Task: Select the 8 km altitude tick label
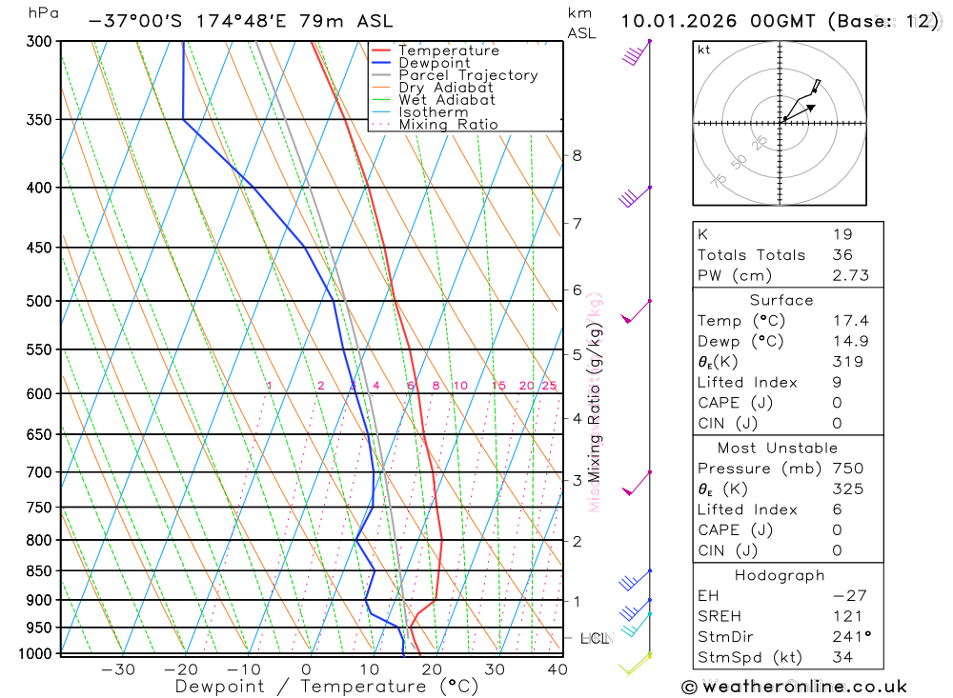tap(578, 155)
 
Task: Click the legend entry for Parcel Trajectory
tap(468, 75)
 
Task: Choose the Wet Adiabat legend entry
tap(446, 100)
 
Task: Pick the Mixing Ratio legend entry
tap(448, 125)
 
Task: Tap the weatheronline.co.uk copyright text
tap(794, 687)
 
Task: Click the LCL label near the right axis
tap(594, 638)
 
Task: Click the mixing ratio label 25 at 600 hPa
tap(549, 386)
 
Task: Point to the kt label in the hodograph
tap(703, 50)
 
